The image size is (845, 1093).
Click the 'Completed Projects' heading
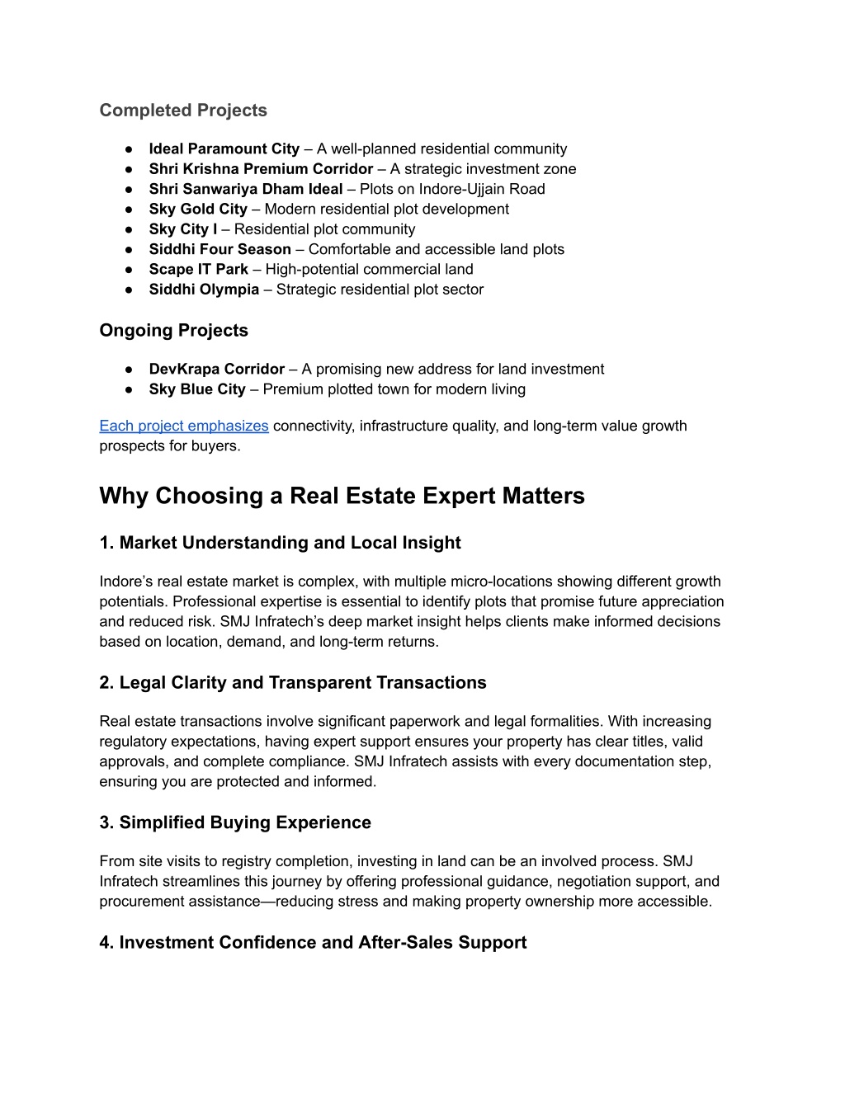(183, 111)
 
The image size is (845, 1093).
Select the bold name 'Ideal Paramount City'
(224, 149)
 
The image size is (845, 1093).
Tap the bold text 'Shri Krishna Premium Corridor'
(261, 169)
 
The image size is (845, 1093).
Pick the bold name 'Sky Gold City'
(198, 210)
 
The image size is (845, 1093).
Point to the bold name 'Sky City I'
(183, 229)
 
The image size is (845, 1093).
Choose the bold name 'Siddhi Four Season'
(220, 249)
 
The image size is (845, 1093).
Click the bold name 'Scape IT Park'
(198, 270)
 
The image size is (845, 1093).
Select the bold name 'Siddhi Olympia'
(204, 290)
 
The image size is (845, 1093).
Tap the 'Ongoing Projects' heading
(173, 331)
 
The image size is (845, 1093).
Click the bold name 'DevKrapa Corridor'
(216, 370)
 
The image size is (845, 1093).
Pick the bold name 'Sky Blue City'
(197, 389)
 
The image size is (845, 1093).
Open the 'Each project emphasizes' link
(184, 426)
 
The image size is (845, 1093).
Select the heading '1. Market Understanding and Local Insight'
(280, 543)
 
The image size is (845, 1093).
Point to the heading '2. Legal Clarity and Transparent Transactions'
(293, 683)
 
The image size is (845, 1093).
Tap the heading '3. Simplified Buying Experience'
(235, 822)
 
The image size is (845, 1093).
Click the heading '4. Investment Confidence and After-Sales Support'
(313, 943)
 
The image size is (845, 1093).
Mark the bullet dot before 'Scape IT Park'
(130, 270)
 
